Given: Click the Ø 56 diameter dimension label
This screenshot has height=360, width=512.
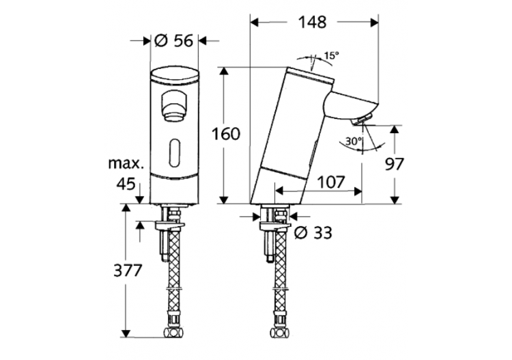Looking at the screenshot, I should point(173,40).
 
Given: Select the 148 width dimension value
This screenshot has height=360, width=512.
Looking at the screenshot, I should point(313,22).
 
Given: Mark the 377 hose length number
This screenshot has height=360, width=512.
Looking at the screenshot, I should point(128,270).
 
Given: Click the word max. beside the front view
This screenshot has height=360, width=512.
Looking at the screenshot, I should point(126,164).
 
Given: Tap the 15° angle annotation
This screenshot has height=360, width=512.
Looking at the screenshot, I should point(330,55).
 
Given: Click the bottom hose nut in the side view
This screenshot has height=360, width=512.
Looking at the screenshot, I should point(279,316).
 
